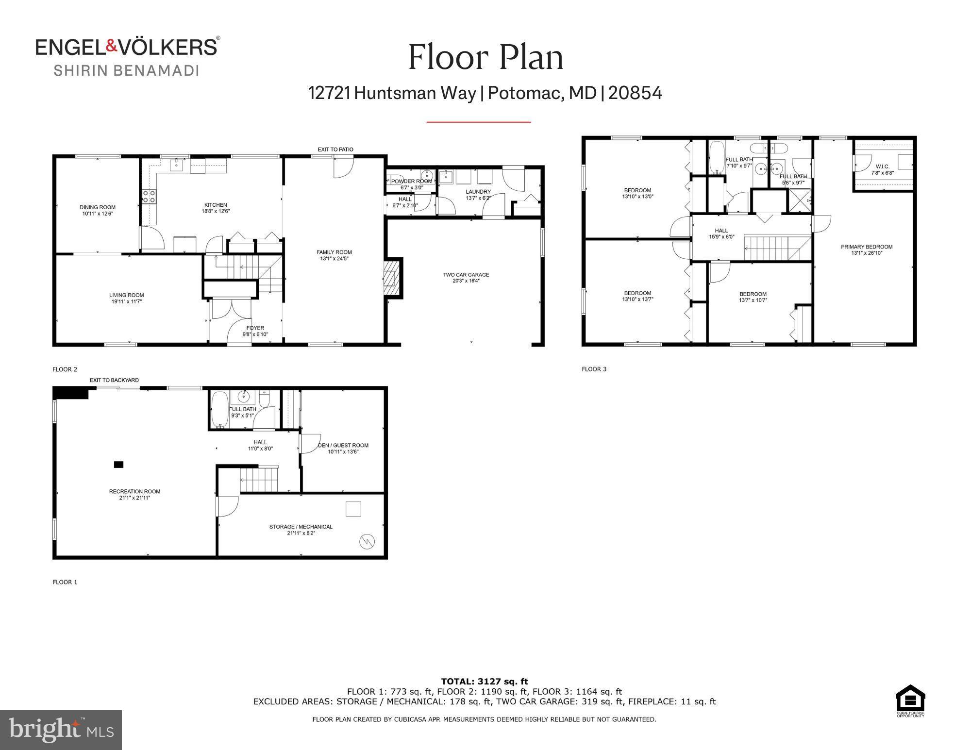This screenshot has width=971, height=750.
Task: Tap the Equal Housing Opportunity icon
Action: click(x=910, y=700)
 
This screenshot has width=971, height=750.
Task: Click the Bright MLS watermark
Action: click(x=61, y=730)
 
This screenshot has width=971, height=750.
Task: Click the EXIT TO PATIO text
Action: click(x=335, y=150)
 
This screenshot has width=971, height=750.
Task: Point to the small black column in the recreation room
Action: click(x=118, y=465)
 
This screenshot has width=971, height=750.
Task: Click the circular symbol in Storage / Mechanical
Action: click(x=368, y=541)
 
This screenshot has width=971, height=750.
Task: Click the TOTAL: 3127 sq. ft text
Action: click(x=484, y=682)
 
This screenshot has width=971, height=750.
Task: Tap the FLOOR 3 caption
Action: click(x=594, y=369)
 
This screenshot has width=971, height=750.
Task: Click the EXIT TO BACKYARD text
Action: click(x=114, y=380)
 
